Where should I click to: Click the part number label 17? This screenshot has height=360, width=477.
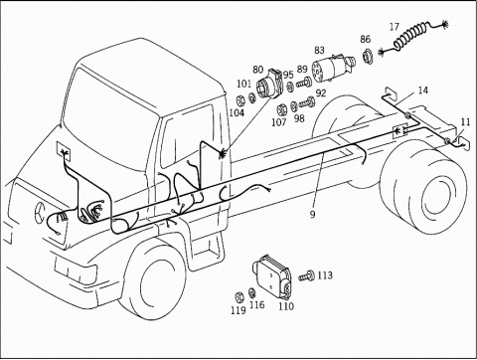395,27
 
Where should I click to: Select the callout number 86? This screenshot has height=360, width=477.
365,39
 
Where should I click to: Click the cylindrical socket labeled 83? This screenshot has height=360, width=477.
333,68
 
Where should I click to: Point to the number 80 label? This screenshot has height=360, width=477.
258,70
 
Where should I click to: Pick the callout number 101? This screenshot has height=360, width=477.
244,84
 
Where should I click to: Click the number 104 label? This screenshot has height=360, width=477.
237,112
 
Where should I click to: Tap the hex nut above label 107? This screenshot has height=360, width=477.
282,108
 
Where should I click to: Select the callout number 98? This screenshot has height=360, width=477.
299,118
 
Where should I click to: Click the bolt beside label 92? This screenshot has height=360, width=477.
307,102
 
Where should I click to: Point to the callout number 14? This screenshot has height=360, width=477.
422,90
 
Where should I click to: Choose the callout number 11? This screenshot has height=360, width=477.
465,122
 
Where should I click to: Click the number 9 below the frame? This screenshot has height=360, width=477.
312,215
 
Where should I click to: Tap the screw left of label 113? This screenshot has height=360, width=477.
307,275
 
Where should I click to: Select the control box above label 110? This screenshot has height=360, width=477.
273,276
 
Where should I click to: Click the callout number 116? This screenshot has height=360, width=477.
257,304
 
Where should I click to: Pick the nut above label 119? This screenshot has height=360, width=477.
238,296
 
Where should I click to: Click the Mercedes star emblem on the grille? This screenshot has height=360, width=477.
40,211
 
